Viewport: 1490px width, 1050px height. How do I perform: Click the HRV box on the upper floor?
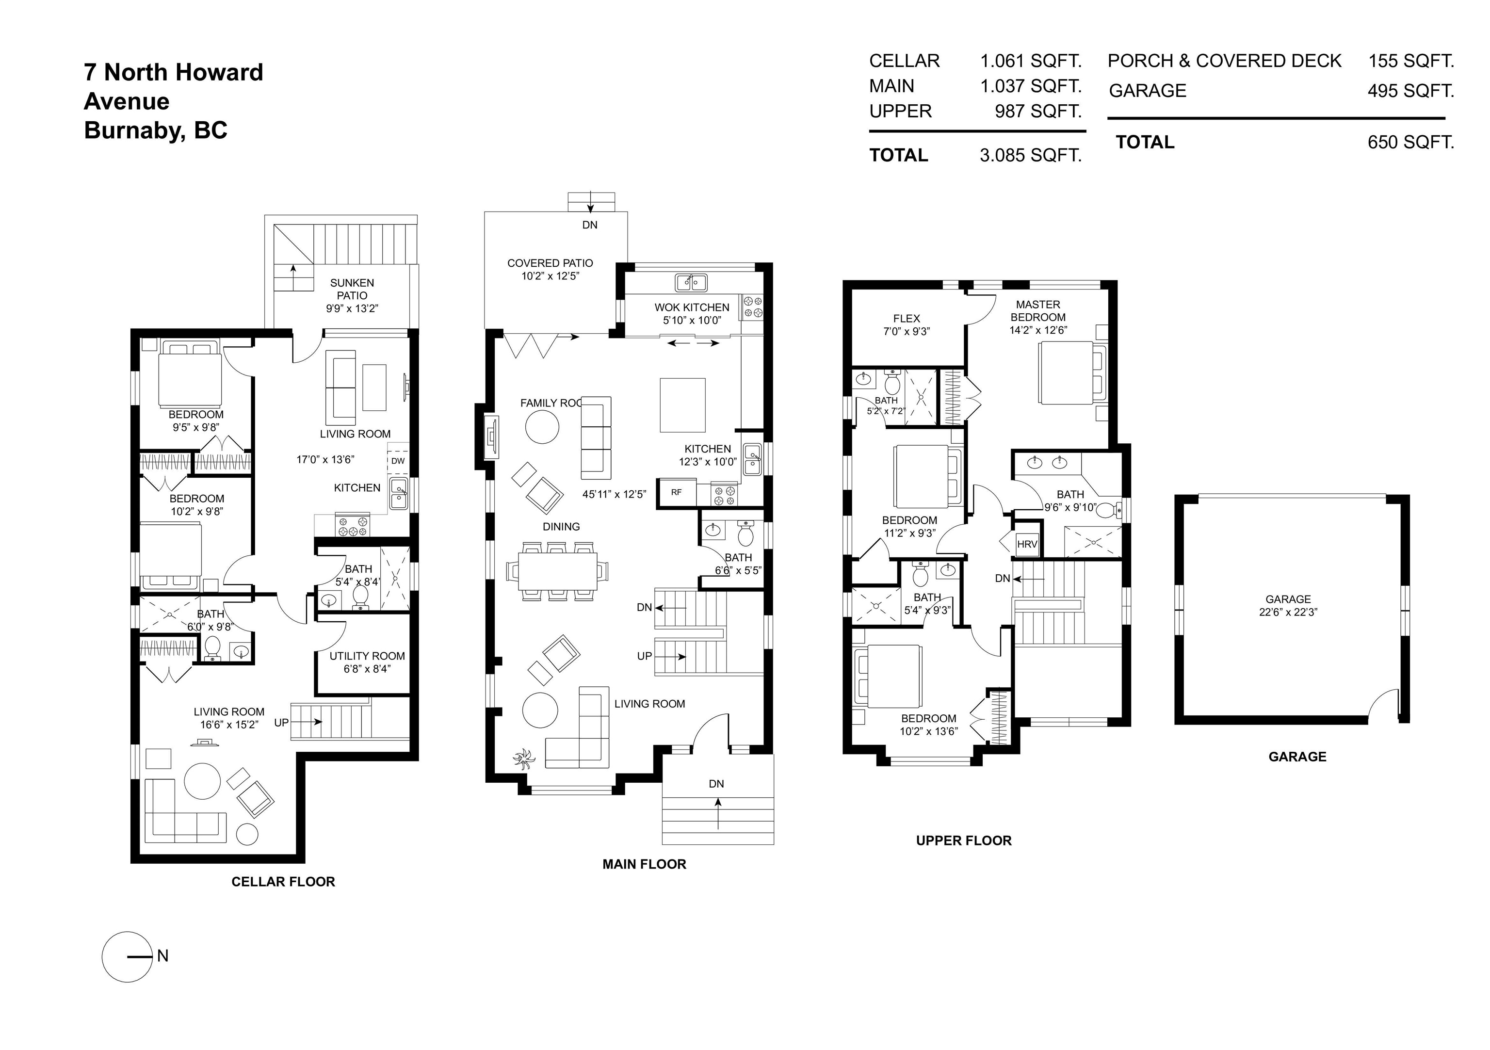point(1027,544)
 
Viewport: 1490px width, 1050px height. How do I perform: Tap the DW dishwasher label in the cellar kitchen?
point(398,461)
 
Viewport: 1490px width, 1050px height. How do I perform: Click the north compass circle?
point(127,956)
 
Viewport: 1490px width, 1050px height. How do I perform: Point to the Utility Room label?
point(367,656)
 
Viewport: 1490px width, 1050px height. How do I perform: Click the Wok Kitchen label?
point(692,307)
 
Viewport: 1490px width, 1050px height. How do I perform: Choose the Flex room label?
point(907,319)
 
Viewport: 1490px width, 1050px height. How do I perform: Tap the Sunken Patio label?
point(353,289)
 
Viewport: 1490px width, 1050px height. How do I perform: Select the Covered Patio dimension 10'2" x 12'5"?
point(551,276)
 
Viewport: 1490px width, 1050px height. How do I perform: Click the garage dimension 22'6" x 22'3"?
point(1288,612)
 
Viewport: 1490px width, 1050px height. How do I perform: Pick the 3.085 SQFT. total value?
point(1031,155)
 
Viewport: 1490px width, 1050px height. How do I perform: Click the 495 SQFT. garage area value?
point(1411,91)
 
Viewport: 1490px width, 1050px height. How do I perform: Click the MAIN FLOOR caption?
point(645,864)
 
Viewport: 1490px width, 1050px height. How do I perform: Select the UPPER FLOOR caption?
point(964,840)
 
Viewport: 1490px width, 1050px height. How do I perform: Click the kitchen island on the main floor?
point(683,405)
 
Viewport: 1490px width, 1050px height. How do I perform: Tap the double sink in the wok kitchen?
point(691,282)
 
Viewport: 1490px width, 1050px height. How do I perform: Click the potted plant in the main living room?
point(523,758)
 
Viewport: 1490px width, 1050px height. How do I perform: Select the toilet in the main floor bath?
point(746,533)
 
